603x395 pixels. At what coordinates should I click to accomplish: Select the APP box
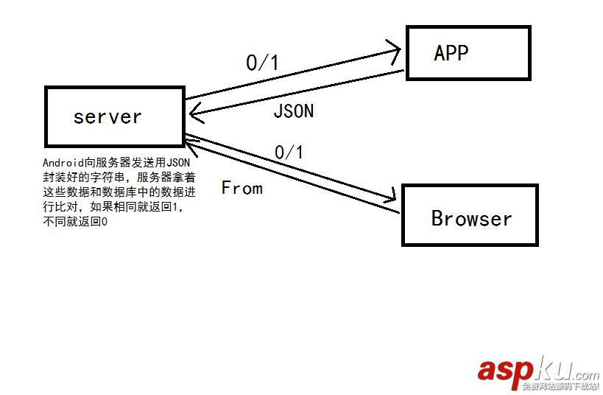pos(468,53)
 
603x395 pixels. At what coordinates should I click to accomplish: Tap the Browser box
pos(470,215)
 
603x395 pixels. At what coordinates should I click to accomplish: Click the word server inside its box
pos(107,116)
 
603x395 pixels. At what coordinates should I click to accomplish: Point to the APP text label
pos(451,53)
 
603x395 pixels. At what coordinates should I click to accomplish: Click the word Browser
pos(471,219)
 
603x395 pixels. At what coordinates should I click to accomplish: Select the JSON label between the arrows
pos(293,111)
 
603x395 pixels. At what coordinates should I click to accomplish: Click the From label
pos(241,188)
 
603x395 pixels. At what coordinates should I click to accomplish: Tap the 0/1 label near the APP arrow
pos(262,63)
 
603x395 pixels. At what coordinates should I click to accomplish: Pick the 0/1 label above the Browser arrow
pos(289,153)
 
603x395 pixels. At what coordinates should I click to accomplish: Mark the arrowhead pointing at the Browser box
pos(391,195)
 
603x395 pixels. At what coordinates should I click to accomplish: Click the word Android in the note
pos(63,163)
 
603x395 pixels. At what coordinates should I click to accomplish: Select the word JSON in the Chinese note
pos(177,163)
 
